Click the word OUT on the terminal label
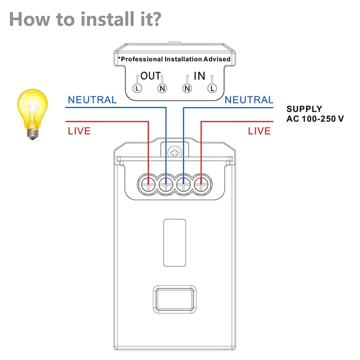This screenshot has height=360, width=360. (x=150, y=76)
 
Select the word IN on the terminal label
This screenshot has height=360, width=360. (x=199, y=76)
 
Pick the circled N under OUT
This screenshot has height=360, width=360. (x=162, y=88)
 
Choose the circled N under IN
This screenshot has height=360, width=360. (x=187, y=88)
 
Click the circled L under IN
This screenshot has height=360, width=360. (x=211, y=88)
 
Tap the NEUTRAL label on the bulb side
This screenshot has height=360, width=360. (x=92, y=100)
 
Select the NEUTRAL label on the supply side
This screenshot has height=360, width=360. (x=249, y=100)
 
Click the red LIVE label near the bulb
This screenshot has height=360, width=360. (x=79, y=131)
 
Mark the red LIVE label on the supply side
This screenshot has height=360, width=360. (x=259, y=131)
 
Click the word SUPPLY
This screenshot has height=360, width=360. (x=304, y=109)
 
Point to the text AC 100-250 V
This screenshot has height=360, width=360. (x=315, y=119)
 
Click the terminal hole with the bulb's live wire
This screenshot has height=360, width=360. (x=149, y=183)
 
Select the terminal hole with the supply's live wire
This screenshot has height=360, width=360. (x=202, y=183)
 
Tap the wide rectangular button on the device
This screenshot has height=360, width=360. (x=175, y=300)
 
